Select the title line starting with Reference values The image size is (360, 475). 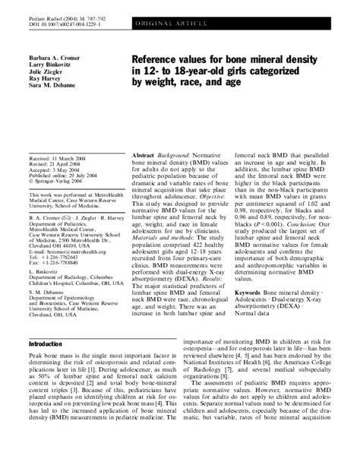230,58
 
